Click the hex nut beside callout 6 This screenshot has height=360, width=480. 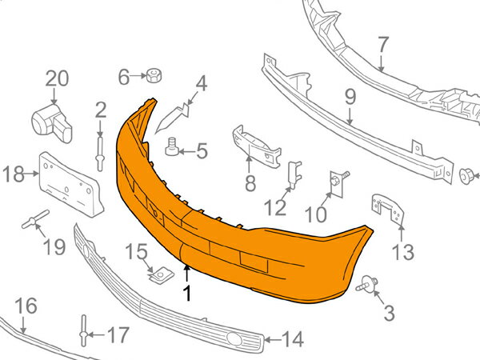[x=154, y=75]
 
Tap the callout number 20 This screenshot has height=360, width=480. [x=57, y=78]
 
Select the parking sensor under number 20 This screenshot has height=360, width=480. [x=51, y=123]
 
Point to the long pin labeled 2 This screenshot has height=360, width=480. [x=100, y=154]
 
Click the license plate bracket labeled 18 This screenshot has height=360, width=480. [x=71, y=184]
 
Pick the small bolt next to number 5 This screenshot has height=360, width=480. [x=172, y=147]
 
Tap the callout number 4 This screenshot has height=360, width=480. [x=202, y=83]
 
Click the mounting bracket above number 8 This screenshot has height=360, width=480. [x=257, y=146]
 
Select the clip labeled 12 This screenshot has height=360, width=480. [x=294, y=174]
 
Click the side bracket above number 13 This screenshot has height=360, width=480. [x=387, y=210]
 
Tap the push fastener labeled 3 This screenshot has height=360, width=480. [x=366, y=284]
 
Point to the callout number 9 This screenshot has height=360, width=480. [x=350, y=97]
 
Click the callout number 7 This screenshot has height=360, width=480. [x=383, y=44]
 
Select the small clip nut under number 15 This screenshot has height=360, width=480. [x=161, y=276]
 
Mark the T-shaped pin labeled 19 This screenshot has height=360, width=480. [x=35, y=219]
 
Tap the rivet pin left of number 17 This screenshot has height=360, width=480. [x=84, y=330]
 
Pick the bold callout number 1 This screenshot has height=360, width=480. [x=186, y=293]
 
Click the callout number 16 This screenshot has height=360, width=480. [x=26, y=306]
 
